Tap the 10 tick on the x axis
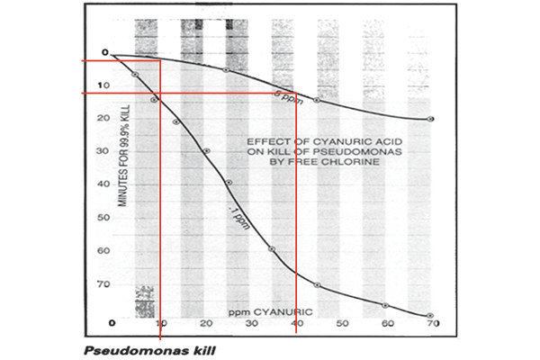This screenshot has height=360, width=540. click(x=161, y=323)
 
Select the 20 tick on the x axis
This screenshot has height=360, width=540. click(x=206, y=323)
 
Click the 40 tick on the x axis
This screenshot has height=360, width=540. click(x=297, y=323)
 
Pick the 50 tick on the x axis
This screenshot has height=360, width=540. click(x=342, y=323)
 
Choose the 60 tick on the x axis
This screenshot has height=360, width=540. click(x=387, y=323)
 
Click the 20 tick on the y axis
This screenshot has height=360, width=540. click(x=106, y=118)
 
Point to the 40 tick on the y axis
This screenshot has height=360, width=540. click(x=106, y=184)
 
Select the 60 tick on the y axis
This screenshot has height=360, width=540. click(x=106, y=251)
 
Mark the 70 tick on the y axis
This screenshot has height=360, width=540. click(x=106, y=284)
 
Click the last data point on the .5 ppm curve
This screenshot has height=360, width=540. click(x=430, y=119)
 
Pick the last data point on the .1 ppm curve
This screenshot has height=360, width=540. click(x=430, y=315)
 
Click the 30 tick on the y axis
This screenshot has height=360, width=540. click(x=106, y=151)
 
